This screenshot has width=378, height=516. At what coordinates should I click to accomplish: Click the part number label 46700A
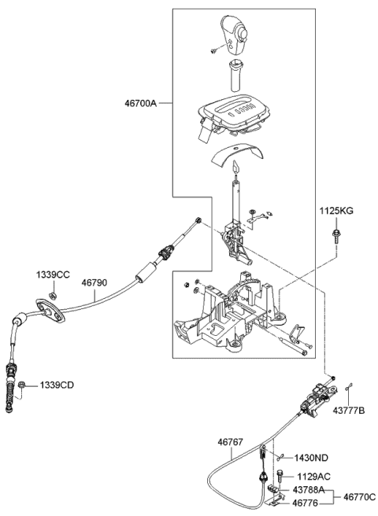click(x=141, y=102)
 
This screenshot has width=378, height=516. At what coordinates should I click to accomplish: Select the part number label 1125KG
click(x=335, y=212)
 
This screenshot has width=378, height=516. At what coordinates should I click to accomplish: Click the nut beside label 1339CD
click(x=24, y=385)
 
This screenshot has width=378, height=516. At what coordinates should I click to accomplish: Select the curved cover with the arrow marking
click(x=234, y=156)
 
